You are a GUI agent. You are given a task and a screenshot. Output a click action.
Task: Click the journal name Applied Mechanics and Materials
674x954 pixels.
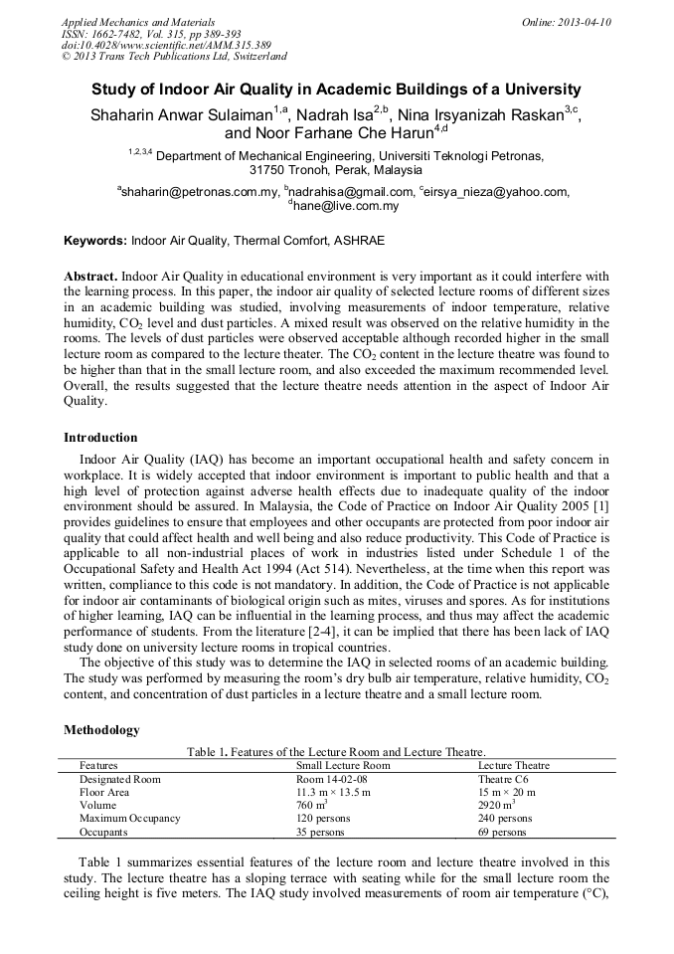pos(137,22)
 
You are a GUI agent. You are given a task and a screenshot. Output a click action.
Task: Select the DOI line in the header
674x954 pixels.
pos(165,45)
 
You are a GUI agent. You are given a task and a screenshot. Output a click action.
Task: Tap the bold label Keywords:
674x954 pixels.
pos(95,241)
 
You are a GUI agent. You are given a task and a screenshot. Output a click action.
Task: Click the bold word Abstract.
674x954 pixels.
pos(90,275)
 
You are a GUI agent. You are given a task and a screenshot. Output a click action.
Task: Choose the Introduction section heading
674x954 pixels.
pos(100,437)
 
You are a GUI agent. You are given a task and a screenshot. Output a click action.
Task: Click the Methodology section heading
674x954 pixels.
pos(101,730)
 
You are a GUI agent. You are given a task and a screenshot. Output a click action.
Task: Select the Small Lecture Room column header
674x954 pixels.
pos(343,765)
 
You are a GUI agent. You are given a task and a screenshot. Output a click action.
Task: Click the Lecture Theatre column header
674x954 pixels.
pos(513,765)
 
